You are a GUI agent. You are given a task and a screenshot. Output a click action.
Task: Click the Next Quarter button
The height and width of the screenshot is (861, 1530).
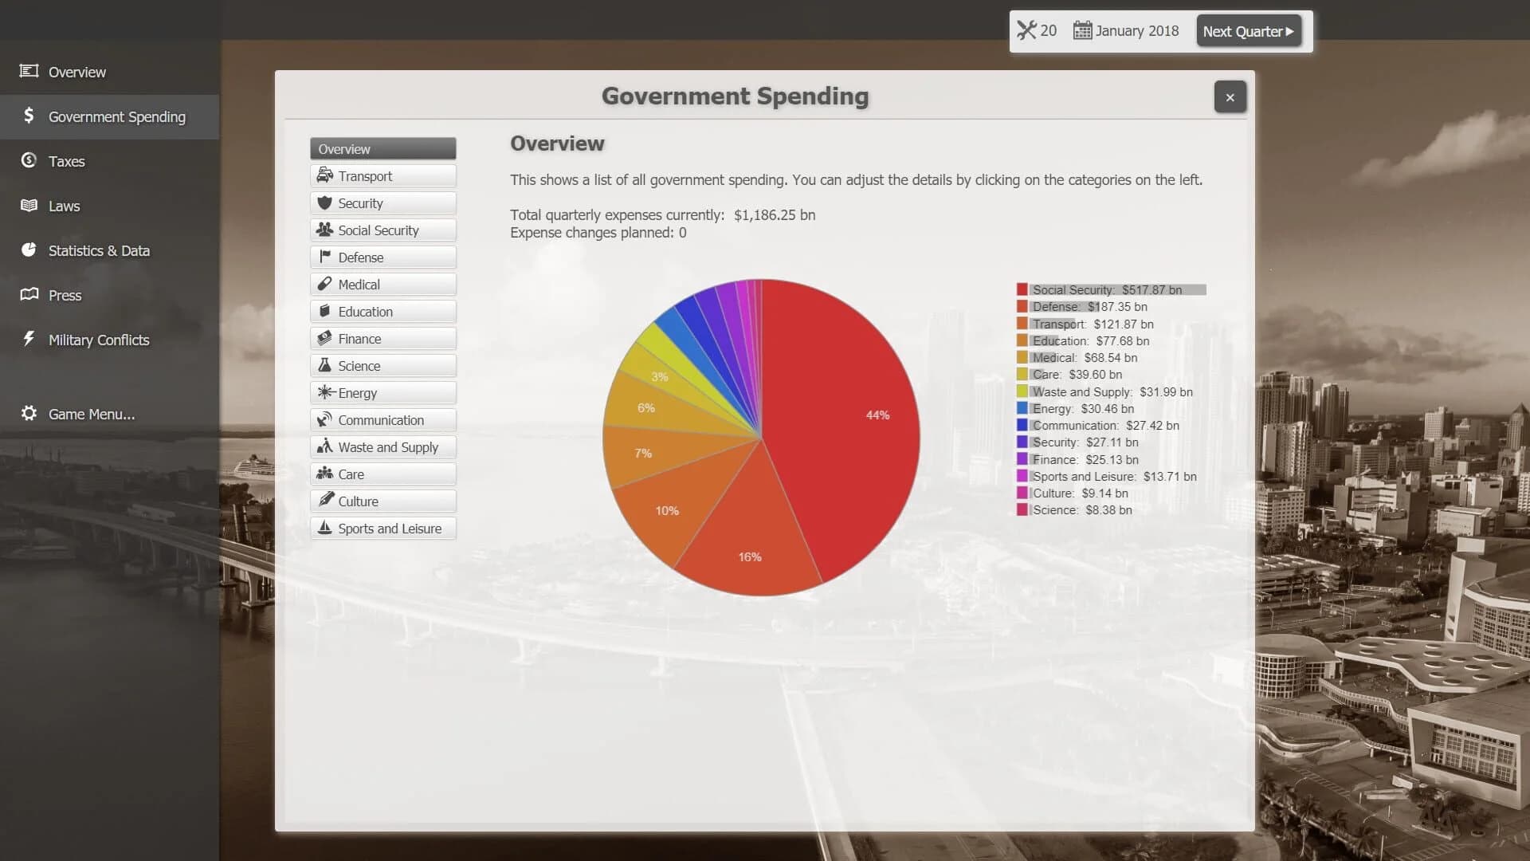click(x=1248, y=31)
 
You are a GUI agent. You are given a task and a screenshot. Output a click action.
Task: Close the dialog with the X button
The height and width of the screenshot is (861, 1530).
click(x=1230, y=97)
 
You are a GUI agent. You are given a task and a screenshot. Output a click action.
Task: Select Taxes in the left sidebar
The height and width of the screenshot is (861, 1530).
click(x=66, y=161)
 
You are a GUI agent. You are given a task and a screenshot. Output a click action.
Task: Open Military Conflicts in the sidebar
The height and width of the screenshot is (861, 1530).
click(x=98, y=340)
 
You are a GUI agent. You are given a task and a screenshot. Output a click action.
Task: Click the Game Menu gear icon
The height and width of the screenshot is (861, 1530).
click(x=29, y=413)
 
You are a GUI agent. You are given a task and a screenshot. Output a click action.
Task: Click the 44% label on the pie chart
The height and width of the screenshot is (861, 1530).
click(x=877, y=415)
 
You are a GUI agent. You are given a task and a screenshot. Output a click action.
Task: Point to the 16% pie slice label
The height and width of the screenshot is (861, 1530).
click(x=749, y=557)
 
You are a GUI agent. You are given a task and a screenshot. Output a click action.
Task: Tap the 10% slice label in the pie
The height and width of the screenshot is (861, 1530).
click(x=667, y=511)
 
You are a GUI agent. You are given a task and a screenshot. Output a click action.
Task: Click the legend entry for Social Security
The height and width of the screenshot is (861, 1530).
click(x=1107, y=290)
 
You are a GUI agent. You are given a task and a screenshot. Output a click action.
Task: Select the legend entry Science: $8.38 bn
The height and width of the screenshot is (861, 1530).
click(x=1081, y=510)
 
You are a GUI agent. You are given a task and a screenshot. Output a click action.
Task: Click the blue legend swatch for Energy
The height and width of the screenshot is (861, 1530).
click(x=1022, y=409)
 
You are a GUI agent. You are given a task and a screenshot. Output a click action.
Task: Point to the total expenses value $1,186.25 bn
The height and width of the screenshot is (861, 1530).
click(x=774, y=215)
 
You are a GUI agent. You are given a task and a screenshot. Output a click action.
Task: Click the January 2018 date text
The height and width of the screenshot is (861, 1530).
click(x=1136, y=31)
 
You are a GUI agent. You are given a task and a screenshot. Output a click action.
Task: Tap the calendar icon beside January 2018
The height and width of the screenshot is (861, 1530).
click(x=1081, y=31)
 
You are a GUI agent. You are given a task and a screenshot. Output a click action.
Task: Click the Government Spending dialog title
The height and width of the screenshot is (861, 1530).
click(x=735, y=96)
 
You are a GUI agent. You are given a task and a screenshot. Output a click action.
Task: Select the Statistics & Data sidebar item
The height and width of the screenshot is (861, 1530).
click(x=99, y=250)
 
